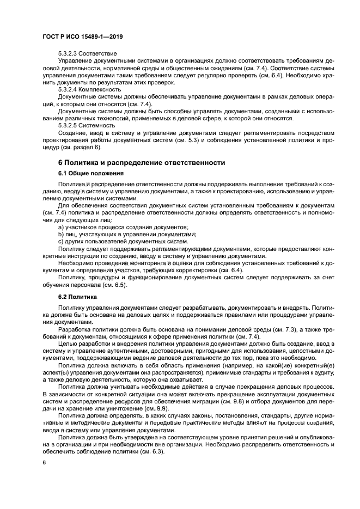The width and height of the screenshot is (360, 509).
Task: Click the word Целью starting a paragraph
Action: pos(68,345)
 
